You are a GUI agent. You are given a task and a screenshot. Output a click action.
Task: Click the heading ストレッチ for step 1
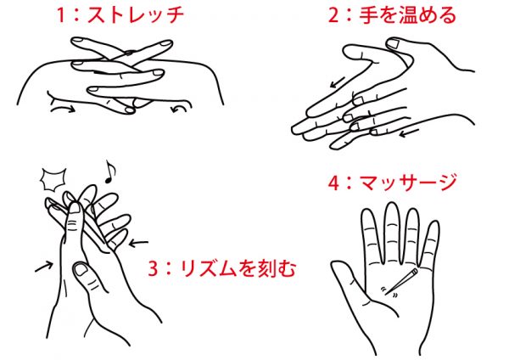click(136, 15)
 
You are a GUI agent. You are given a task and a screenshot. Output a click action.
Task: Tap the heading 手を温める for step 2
click(408, 15)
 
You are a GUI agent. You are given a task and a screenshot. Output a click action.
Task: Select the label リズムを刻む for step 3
click(238, 268)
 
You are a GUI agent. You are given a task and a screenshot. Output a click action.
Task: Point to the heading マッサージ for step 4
click(408, 183)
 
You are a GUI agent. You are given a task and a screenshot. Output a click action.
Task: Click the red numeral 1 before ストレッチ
click(61, 15)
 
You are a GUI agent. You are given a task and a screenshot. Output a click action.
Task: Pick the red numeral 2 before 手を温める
click(333, 15)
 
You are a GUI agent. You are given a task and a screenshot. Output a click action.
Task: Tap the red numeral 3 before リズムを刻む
click(154, 268)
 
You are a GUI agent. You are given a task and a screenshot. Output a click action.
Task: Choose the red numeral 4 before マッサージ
click(333, 183)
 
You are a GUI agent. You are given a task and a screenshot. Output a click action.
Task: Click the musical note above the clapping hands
click(109, 172)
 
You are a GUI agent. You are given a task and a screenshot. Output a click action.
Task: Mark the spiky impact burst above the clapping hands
click(53, 179)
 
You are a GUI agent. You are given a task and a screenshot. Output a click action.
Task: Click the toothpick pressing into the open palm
click(401, 281)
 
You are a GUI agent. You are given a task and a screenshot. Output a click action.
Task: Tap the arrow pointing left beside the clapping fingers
click(138, 242)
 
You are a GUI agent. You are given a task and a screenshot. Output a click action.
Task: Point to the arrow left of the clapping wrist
click(44, 267)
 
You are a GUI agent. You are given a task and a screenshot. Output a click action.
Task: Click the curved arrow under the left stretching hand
click(63, 109)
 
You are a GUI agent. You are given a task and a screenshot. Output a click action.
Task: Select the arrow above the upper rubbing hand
click(338, 82)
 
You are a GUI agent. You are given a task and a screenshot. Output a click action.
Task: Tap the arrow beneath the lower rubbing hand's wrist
click(409, 133)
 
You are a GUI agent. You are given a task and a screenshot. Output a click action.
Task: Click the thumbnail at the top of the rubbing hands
click(394, 43)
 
